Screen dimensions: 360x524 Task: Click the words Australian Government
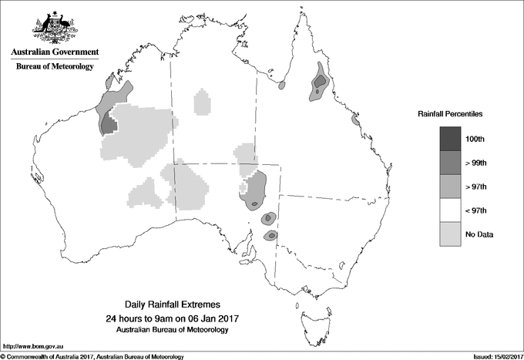[x=55, y=52]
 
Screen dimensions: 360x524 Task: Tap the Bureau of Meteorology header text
[x=55, y=67]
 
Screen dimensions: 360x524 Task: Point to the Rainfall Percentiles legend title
[x=451, y=113]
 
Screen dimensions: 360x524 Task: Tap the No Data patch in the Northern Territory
[x=202, y=103]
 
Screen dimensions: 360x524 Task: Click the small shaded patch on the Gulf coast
[x=281, y=86]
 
